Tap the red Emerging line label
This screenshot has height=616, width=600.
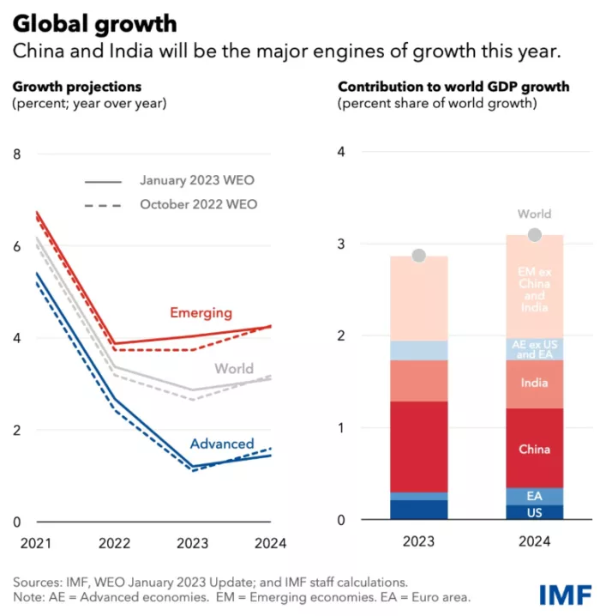[201, 312]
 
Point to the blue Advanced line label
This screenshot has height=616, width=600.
[222, 444]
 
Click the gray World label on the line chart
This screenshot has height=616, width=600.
[234, 369]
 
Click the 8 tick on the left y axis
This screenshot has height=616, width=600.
[16, 154]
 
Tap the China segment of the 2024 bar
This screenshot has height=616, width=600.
[535, 449]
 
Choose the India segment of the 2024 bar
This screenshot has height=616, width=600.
[535, 383]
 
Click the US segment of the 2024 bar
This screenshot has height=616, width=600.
[535, 512]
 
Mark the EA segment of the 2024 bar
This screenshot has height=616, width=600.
[535, 496]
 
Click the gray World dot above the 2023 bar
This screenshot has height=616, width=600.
[418, 256]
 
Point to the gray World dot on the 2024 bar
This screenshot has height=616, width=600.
[535, 235]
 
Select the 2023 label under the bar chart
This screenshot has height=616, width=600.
[418, 542]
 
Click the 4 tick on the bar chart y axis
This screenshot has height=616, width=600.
[342, 153]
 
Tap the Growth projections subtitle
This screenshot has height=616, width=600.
[76, 87]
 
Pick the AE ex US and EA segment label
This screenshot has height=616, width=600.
[535, 348]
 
